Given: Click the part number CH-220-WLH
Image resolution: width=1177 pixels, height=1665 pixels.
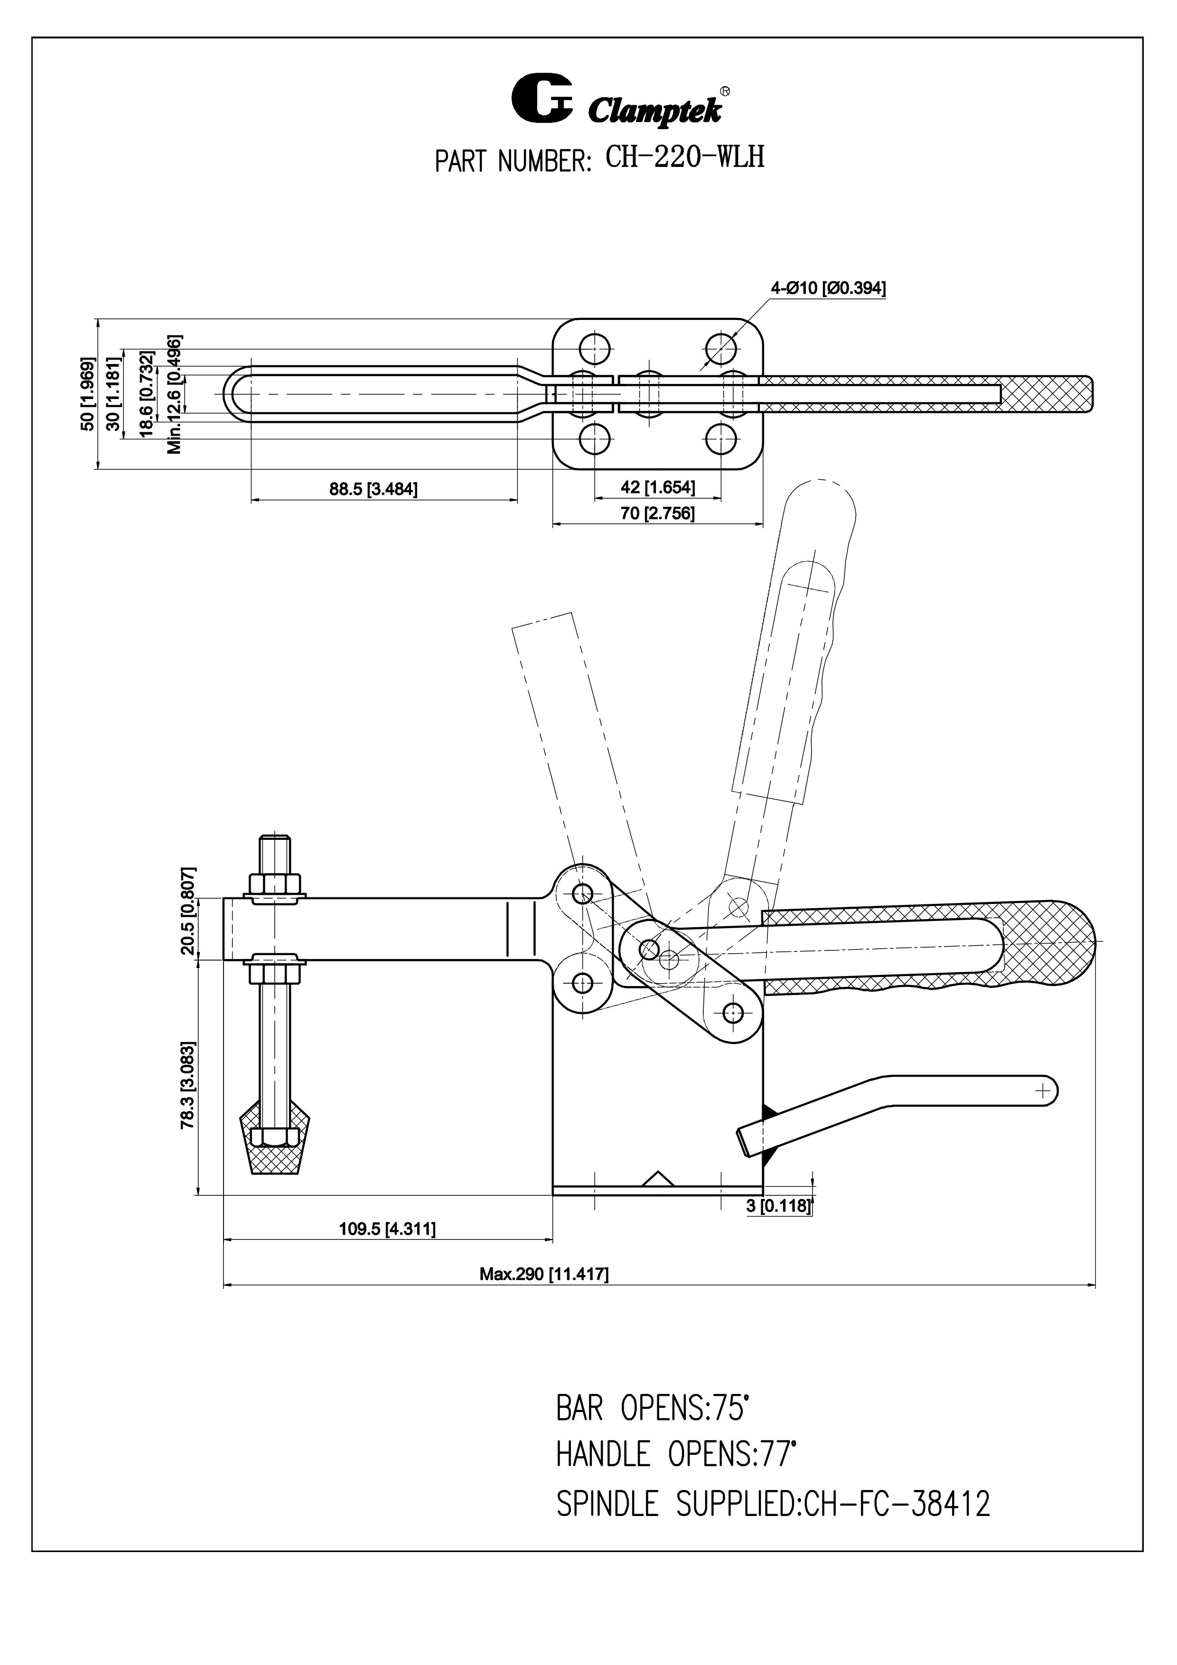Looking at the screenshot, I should tap(684, 158).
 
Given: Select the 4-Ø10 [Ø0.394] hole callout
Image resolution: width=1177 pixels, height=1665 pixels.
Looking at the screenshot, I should tap(827, 288).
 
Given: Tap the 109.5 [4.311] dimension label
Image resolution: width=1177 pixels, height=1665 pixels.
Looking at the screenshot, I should tap(387, 1228).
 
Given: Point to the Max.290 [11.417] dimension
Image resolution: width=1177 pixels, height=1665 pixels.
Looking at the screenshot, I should tap(544, 1274).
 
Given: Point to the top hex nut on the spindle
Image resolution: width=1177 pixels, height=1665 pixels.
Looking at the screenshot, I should tap(275, 883).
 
